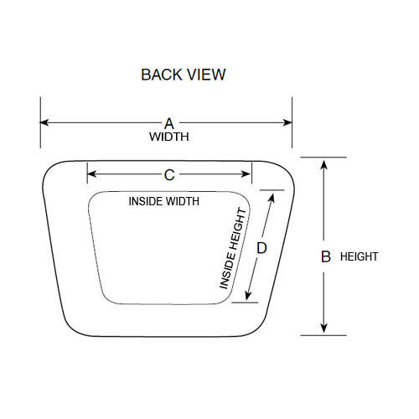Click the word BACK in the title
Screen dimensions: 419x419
point(162,75)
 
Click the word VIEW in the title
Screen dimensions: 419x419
point(206,75)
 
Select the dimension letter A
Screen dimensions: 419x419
point(169,123)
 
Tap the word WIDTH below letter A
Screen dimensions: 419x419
point(169,137)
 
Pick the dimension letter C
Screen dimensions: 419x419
point(169,175)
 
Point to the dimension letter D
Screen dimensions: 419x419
point(261,248)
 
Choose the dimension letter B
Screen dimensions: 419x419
point(326,256)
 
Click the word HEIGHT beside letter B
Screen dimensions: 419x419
point(359,256)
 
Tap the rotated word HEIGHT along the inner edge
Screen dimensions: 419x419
point(238,229)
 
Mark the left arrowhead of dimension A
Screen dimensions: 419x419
point(44,122)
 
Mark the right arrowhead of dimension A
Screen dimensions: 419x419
point(287,122)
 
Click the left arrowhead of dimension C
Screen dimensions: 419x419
point(92,173)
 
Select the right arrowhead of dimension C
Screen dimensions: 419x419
point(246,173)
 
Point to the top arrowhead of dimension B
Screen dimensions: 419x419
point(323,164)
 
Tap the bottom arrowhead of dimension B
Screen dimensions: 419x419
point(323,328)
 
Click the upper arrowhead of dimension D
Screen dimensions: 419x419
point(272,198)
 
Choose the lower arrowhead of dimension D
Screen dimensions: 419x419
point(248,296)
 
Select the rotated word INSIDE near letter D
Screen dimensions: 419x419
point(228,271)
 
